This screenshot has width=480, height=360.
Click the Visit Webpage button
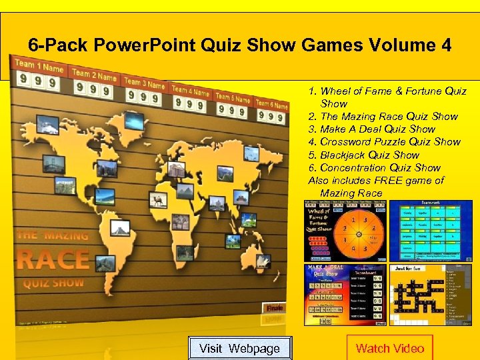tap(239, 348)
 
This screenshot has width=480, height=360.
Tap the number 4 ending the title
tap(445, 45)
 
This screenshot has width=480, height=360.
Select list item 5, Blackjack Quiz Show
tap(364, 155)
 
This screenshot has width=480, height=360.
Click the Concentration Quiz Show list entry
tap(375, 167)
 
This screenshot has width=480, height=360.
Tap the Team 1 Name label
tap(39, 66)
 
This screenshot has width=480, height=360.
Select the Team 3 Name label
tap(144, 84)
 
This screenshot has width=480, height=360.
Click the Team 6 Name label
tap(271, 103)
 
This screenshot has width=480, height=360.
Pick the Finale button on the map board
tap(275, 308)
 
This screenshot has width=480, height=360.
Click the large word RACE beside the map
tap(53, 259)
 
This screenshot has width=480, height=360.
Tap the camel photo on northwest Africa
tap(159, 199)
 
